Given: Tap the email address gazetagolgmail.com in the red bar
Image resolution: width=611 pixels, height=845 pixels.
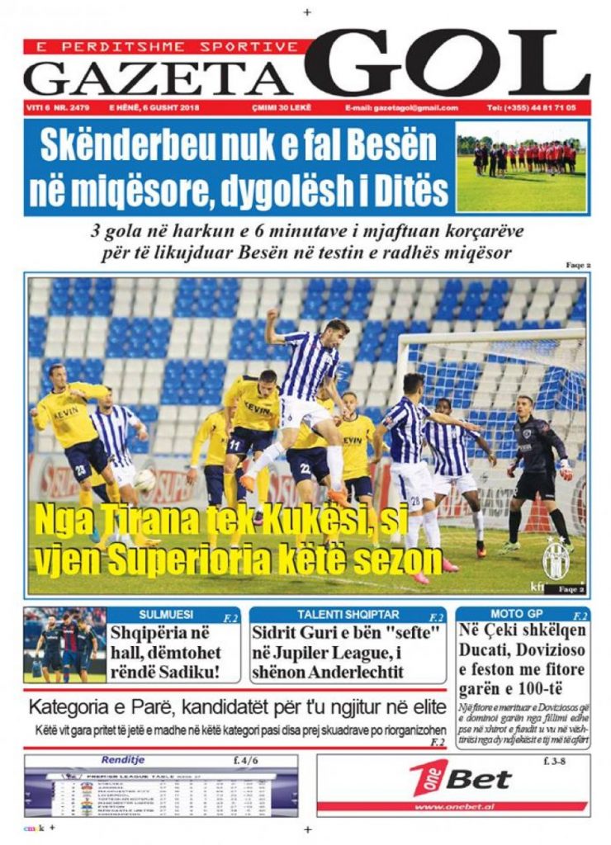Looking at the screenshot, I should [x=402, y=108].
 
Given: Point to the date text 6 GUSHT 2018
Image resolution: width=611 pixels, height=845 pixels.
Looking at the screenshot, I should [x=168, y=108].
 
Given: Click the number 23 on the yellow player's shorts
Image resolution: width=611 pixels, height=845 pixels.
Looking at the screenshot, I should [x=80, y=470].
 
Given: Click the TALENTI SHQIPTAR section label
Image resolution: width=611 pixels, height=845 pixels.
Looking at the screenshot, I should [x=337, y=615].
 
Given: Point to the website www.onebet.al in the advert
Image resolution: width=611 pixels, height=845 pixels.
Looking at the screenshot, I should [x=451, y=807].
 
